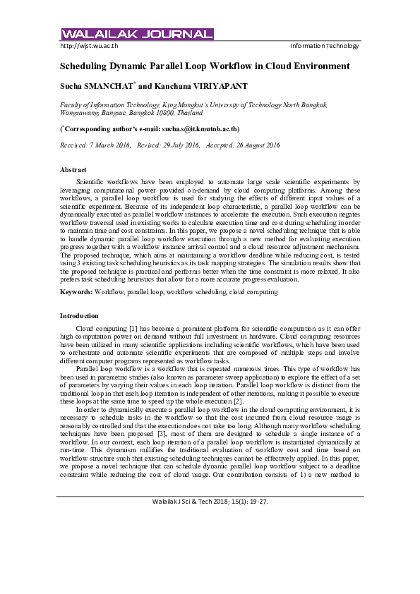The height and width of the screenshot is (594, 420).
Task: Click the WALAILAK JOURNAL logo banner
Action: point(137,35)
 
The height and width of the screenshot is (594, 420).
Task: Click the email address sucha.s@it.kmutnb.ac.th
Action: point(200,129)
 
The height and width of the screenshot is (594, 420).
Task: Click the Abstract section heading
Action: point(73,170)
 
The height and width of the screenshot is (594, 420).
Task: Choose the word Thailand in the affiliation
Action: point(194,112)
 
